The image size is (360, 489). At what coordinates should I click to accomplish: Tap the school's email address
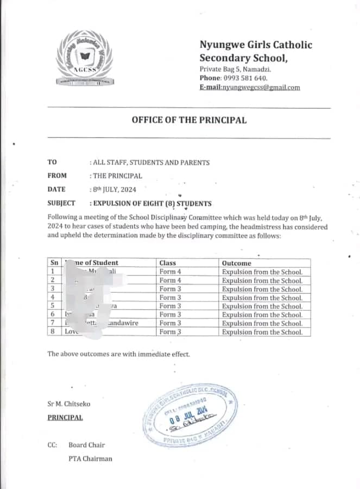(249, 87)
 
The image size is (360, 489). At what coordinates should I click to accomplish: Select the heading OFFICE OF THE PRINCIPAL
(188, 120)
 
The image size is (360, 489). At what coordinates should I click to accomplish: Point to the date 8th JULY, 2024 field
(113, 190)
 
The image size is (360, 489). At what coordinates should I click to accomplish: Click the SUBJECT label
(61, 204)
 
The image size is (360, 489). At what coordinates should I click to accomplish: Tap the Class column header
(168, 263)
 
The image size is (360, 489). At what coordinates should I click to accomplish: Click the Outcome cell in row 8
(262, 331)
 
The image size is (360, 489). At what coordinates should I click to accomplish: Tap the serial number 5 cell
(53, 306)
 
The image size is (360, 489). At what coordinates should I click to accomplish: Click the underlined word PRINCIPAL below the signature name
(65, 417)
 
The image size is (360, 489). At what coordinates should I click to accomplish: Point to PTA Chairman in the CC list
(90, 459)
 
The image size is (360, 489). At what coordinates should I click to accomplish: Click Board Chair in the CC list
(87, 445)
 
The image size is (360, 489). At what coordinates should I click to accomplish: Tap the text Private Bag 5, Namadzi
(235, 69)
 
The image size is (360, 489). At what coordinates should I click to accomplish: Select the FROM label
(57, 175)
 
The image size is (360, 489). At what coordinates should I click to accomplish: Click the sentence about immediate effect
(119, 354)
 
